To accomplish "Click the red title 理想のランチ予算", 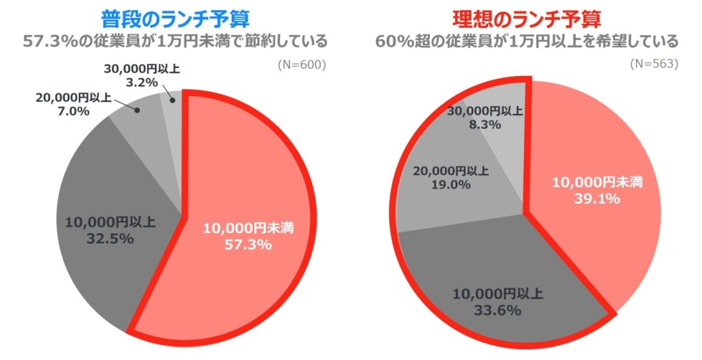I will click(526, 19).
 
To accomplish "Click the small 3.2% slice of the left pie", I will click(173, 103).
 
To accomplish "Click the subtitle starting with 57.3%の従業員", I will click(175, 42).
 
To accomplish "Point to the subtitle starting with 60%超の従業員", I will click(526, 42).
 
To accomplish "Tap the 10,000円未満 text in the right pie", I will click(597, 182).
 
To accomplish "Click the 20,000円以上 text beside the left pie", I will click(73, 97).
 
